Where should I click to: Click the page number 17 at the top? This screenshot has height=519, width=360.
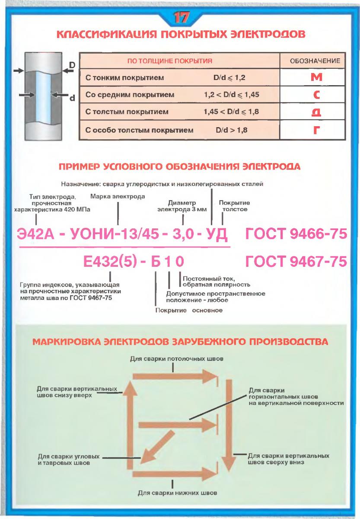pyautogui.click(x=180, y=18)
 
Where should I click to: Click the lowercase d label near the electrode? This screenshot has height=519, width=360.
pyautogui.click(x=72, y=98)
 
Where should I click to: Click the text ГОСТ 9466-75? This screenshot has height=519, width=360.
pyautogui.click(x=296, y=235)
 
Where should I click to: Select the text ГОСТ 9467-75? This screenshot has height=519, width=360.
pyautogui.click(x=296, y=262)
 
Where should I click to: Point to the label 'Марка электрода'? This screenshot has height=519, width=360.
pyautogui.click(x=118, y=196)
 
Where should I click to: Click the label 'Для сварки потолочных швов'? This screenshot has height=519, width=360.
pyautogui.click(x=172, y=359)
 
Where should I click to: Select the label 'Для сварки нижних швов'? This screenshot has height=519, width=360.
pyautogui.click(x=172, y=493)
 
